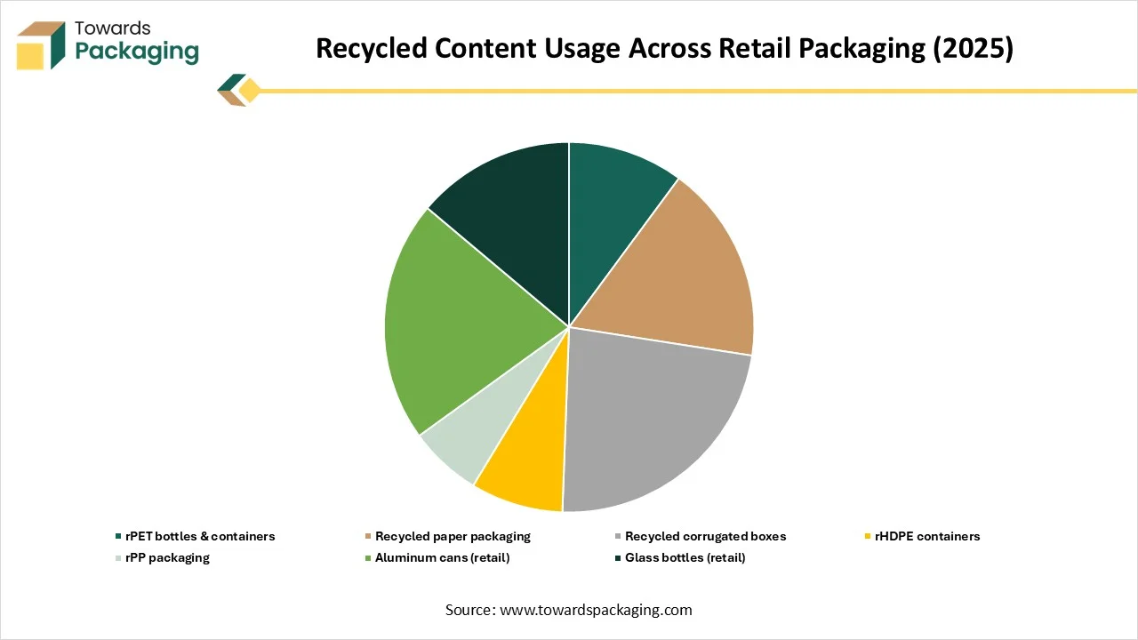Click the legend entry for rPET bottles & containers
195,536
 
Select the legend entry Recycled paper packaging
447,536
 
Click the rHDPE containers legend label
922,536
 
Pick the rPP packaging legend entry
163,557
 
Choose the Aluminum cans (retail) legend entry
437,557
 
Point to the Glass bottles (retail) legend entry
680,557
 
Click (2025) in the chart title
973,48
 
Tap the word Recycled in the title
372,48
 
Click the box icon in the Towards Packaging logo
41,45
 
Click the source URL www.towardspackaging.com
596,610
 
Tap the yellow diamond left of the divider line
249,91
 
